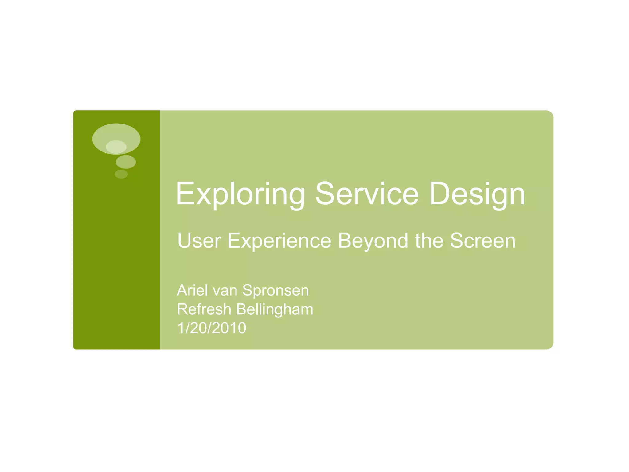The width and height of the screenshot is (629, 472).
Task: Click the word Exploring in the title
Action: [240, 194]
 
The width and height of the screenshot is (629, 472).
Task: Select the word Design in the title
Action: [477, 194]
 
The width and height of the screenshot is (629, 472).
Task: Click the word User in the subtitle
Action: [199, 241]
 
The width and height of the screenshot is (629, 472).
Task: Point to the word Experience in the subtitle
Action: [279, 241]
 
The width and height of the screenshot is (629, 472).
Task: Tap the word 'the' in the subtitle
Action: [429, 241]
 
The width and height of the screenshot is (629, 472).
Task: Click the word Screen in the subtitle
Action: [482, 241]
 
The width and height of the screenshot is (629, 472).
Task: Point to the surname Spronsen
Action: [275, 291]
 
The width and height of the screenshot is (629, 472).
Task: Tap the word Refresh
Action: [204, 309]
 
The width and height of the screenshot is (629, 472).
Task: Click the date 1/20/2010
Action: [212, 328]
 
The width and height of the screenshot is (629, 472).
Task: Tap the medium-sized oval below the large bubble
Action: [126, 162]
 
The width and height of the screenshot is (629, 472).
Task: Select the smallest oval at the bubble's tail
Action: [121, 174]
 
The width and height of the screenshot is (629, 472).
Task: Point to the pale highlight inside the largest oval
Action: [116, 147]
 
